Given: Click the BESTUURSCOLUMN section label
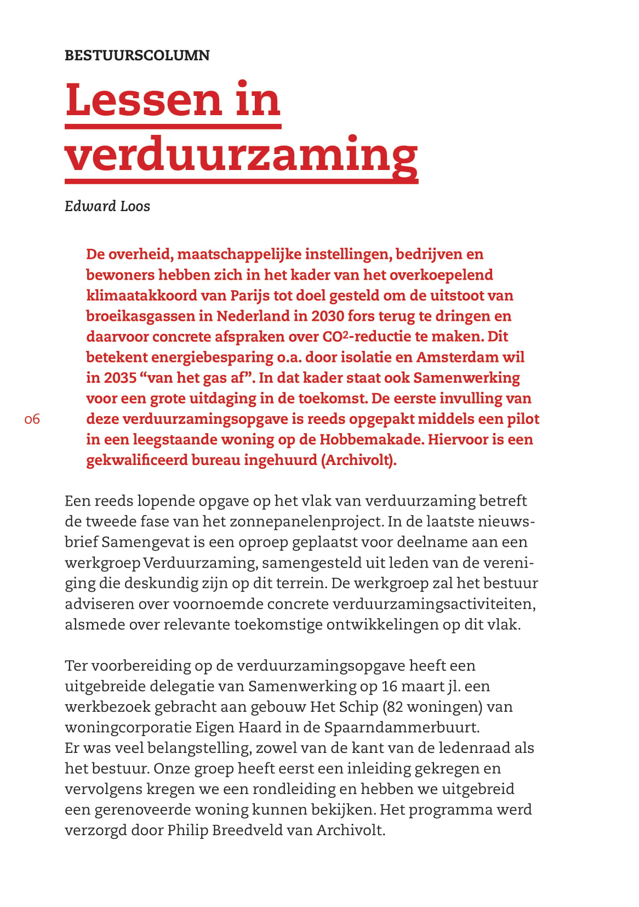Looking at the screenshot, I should [x=137, y=55].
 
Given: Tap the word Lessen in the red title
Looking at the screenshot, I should [x=143, y=100].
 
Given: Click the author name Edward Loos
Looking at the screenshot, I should [x=107, y=206].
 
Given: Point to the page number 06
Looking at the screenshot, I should [x=32, y=420].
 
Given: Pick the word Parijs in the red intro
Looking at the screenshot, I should [x=250, y=296].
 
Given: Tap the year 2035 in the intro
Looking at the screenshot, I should [x=120, y=378].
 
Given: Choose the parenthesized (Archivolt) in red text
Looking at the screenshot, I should [x=359, y=460].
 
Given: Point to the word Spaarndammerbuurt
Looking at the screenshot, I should [x=402, y=727].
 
